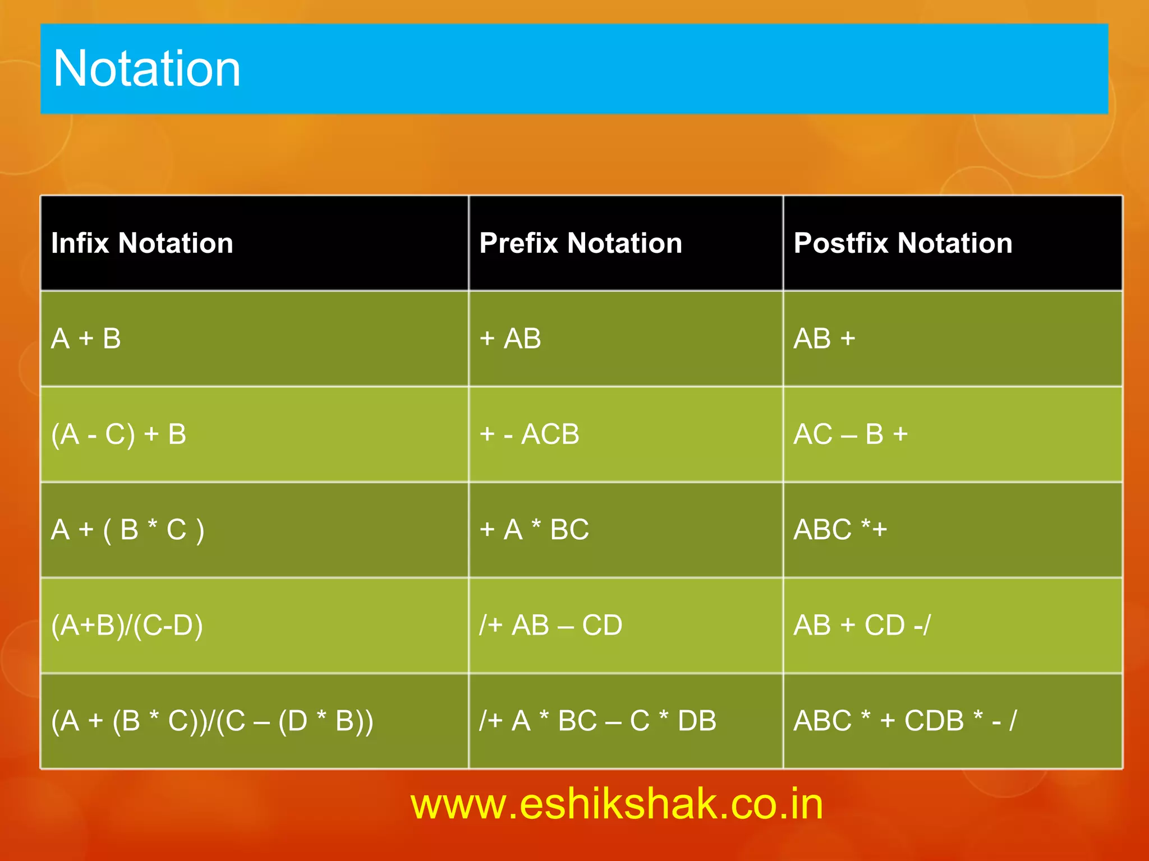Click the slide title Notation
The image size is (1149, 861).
(147, 68)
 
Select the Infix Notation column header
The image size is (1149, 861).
(142, 243)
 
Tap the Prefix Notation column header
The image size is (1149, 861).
(581, 243)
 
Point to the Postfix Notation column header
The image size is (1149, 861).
(903, 243)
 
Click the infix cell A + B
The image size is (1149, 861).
(86, 339)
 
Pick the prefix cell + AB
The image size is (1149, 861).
(510, 339)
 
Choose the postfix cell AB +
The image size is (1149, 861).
(824, 339)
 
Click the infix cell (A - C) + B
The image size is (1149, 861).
(118, 434)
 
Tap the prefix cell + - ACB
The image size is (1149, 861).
(529, 434)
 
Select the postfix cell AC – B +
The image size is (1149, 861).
(851, 434)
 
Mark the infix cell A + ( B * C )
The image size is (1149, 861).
(127, 530)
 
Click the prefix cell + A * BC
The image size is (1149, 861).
(534, 530)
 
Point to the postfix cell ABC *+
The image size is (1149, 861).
(840, 530)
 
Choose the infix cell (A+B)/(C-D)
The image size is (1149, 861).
(127, 626)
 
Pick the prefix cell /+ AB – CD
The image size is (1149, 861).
(550, 626)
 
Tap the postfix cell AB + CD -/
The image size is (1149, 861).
(862, 626)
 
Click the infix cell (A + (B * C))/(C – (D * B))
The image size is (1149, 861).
(212, 721)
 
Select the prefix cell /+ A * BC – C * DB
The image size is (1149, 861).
(598, 721)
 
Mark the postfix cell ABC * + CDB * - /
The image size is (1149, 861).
(904, 721)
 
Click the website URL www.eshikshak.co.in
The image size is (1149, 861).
(617, 804)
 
